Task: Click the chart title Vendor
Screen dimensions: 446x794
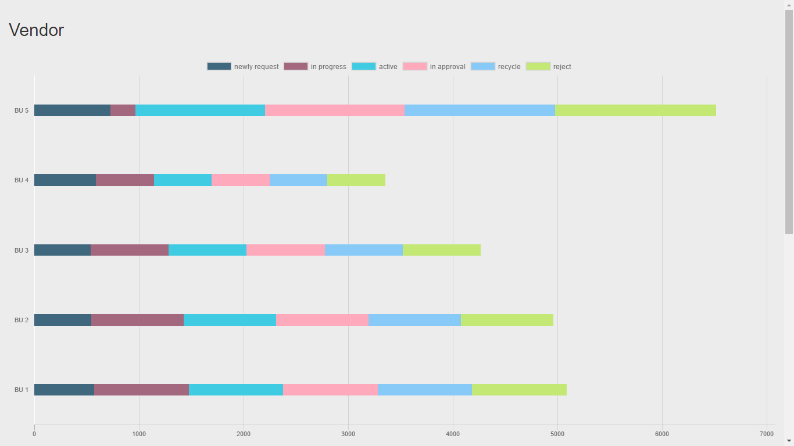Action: (36, 30)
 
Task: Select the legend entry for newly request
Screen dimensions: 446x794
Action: (243, 67)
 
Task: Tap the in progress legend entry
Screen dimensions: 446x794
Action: (315, 67)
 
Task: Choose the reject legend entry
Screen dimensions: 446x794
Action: (549, 67)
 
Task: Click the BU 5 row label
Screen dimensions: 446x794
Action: (22, 111)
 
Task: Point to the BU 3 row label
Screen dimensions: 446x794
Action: (22, 250)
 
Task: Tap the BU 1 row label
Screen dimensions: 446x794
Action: (22, 390)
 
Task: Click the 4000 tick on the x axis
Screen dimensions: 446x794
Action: (453, 434)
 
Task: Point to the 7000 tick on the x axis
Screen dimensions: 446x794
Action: (767, 434)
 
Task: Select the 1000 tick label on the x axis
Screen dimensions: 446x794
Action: (139, 434)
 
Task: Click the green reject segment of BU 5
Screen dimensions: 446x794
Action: (635, 110)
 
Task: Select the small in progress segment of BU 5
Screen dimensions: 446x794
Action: (123, 110)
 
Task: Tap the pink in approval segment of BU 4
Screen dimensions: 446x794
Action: (241, 180)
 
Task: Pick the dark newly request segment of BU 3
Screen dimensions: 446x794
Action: (62, 250)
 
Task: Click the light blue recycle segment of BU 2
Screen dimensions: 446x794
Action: (414, 320)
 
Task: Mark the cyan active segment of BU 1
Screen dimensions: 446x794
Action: (236, 390)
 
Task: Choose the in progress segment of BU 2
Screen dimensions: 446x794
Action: (137, 320)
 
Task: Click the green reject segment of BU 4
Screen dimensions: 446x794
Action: (356, 180)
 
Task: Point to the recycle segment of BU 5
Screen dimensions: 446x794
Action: (480, 110)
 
